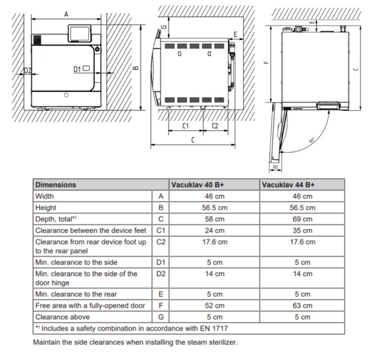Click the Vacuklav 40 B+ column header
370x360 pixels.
(x=197, y=185)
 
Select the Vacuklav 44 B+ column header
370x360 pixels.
(x=288, y=185)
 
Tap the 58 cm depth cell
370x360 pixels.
(x=215, y=219)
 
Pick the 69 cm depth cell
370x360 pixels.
(x=302, y=219)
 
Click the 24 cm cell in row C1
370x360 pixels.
(x=215, y=230)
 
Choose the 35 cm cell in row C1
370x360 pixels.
(x=302, y=230)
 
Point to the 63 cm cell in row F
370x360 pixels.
(x=302, y=305)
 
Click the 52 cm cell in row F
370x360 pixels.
(x=215, y=305)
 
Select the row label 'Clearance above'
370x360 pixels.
(x=62, y=317)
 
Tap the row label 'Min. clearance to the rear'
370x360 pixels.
(x=76, y=294)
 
